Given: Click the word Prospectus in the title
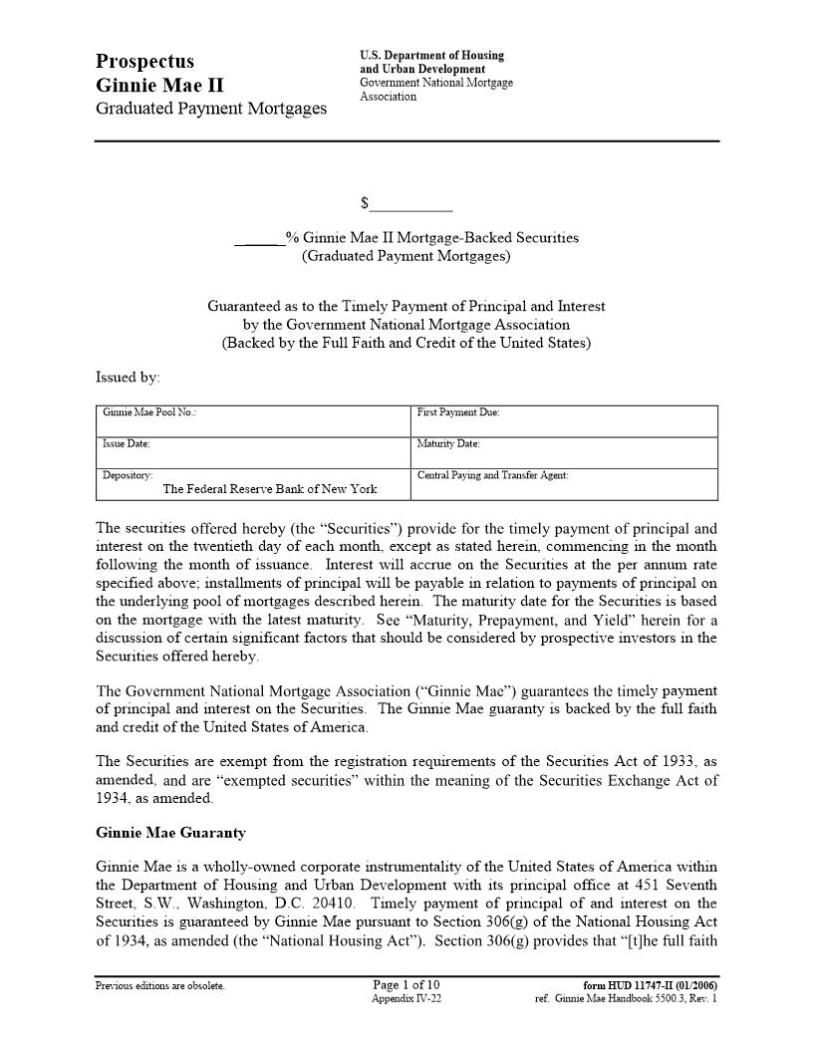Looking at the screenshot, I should pos(145,62).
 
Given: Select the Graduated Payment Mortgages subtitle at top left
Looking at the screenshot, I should pos(210,109).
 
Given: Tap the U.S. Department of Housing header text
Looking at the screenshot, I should pos(431,56).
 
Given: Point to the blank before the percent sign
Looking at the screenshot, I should pos(259,239).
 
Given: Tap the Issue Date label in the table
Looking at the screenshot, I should pos(127,443).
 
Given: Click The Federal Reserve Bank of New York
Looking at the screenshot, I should pos(270,489).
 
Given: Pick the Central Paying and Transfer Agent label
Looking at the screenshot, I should pos(492,475).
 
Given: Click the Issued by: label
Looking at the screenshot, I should pos(128,378).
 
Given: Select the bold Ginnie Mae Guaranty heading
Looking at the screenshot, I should pos(170,833).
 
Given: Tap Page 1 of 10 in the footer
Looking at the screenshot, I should pos(406,985).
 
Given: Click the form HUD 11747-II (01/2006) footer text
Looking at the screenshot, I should pos(650,985).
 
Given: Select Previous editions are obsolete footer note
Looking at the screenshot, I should pos(159,986).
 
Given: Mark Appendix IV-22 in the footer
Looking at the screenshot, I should pos(406,998).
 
